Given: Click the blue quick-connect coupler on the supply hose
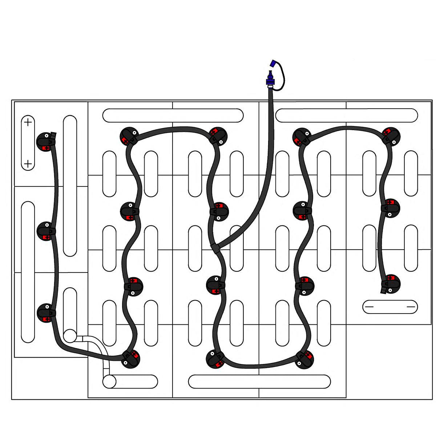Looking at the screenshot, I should click(270, 78).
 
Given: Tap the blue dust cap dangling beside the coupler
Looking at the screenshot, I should click(272, 63).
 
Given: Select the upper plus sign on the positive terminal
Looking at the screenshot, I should click(28, 122).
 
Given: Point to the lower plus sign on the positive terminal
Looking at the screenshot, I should click(28, 164).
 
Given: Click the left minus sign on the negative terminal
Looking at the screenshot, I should click(369, 307).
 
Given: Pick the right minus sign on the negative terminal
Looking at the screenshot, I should click(411, 307).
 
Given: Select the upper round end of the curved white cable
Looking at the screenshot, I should click(70, 335).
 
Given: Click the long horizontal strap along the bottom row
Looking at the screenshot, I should click(259, 381).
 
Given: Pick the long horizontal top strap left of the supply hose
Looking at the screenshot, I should click(173, 116).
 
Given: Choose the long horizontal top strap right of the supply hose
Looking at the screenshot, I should click(347, 116).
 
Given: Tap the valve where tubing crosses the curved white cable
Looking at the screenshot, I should click(130, 359).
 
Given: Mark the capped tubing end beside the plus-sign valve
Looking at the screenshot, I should click(54, 135).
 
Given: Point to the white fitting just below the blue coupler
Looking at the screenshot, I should click(270, 86).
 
